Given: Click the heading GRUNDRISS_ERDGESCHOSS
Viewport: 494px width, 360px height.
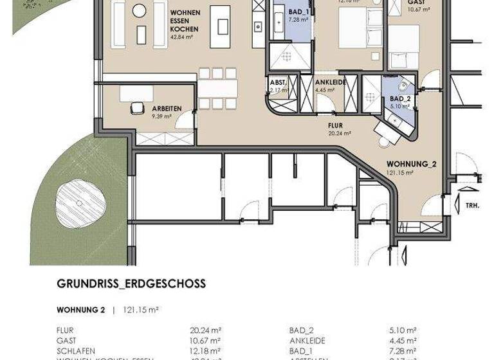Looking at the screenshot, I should click(131, 283).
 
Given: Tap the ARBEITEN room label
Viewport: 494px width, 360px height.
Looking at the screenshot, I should click(167, 109).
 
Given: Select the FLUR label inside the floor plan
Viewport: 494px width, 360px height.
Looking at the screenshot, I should click(334, 126).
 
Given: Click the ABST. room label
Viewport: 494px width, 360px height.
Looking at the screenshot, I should click(278, 82).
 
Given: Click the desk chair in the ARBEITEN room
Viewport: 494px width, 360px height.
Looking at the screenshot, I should click(137, 108).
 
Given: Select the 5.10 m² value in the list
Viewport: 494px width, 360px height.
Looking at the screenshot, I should click(403, 330).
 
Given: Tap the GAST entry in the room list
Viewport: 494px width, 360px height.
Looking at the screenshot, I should click(66, 341).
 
